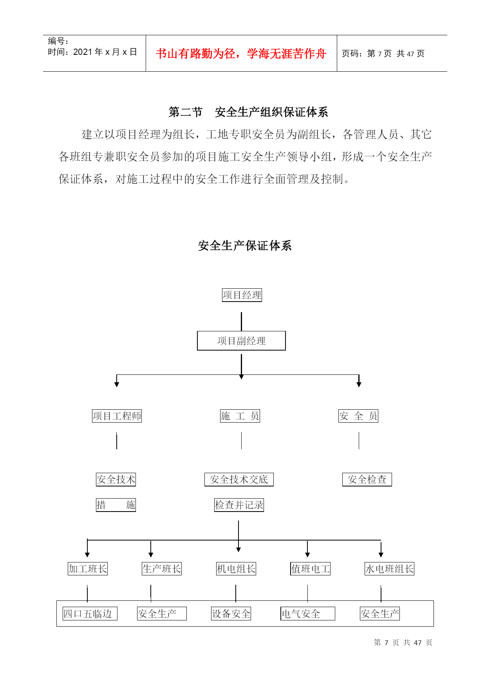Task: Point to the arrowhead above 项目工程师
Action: pyautogui.click(x=117, y=385)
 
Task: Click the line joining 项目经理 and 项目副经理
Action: pyautogui.click(x=241, y=322)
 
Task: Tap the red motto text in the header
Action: pyautogui.click(x=241, y=54)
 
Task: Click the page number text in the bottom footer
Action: pyautogui.click(x=403, y=643)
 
